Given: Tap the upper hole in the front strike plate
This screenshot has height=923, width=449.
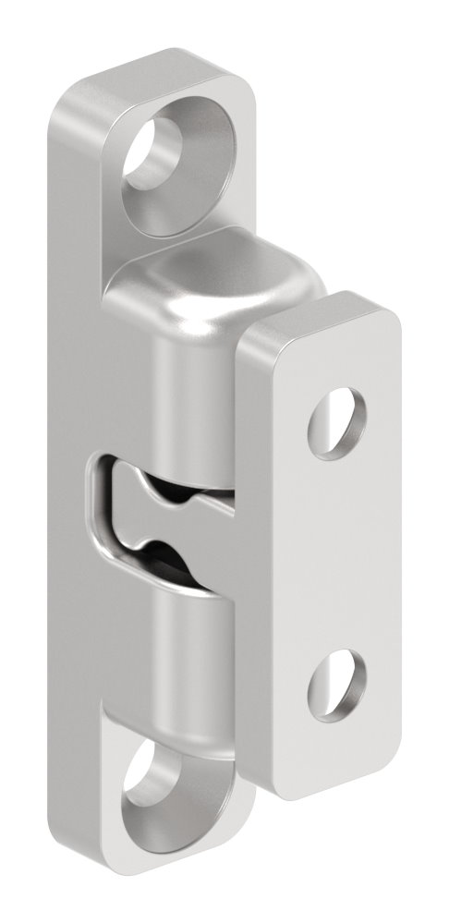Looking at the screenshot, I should click(330, 421).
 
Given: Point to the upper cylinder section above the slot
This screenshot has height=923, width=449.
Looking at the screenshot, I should click(189, 388).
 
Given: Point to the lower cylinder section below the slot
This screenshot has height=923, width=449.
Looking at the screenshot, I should click(189, 647).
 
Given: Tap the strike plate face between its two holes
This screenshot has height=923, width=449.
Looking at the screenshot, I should click(337, 554).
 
